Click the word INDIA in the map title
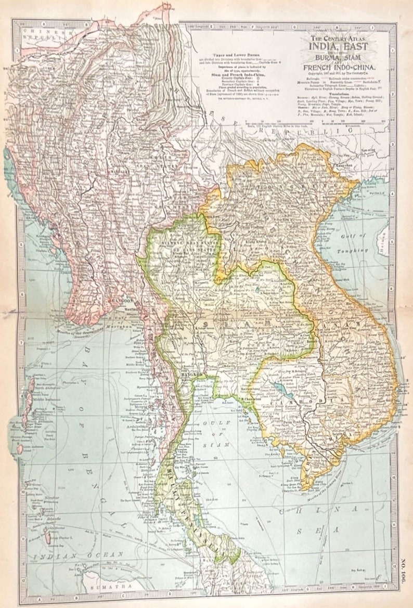326,47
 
